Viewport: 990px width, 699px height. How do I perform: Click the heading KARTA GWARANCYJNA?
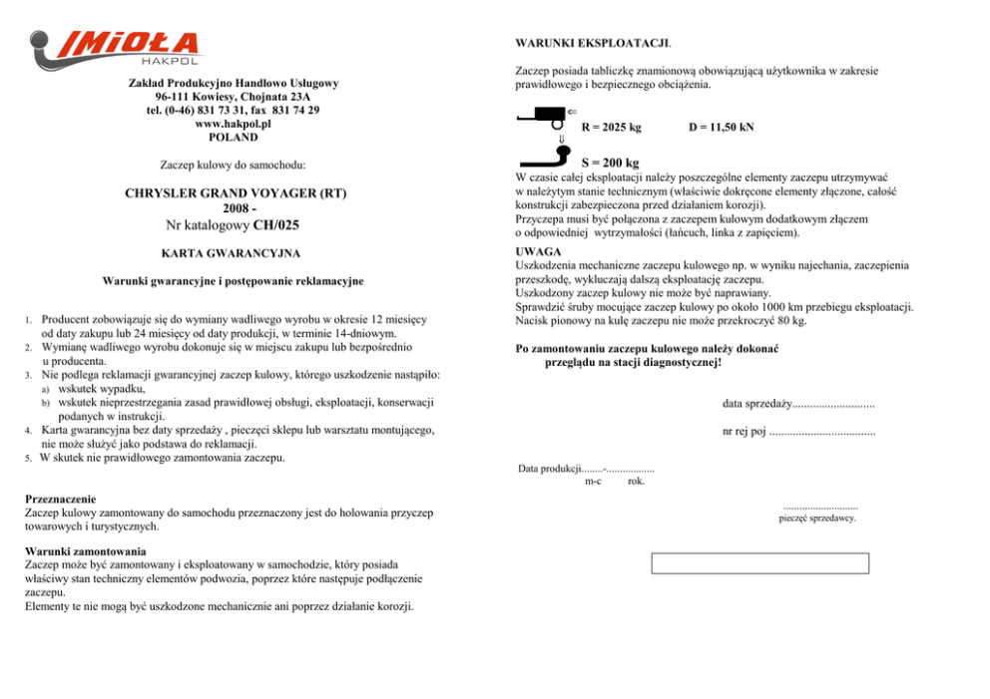[233, 253]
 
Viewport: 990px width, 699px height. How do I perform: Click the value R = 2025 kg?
[611, 128]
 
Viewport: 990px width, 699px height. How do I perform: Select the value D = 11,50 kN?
[722, 128]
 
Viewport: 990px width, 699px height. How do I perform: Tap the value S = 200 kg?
[610, 163]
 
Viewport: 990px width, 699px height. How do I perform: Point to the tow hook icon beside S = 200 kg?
[545, 160]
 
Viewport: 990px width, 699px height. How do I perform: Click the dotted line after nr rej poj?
[822, 432]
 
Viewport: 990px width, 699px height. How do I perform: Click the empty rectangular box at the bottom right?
[759, 563]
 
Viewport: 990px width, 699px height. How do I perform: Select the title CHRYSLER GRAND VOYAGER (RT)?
[234, 192]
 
